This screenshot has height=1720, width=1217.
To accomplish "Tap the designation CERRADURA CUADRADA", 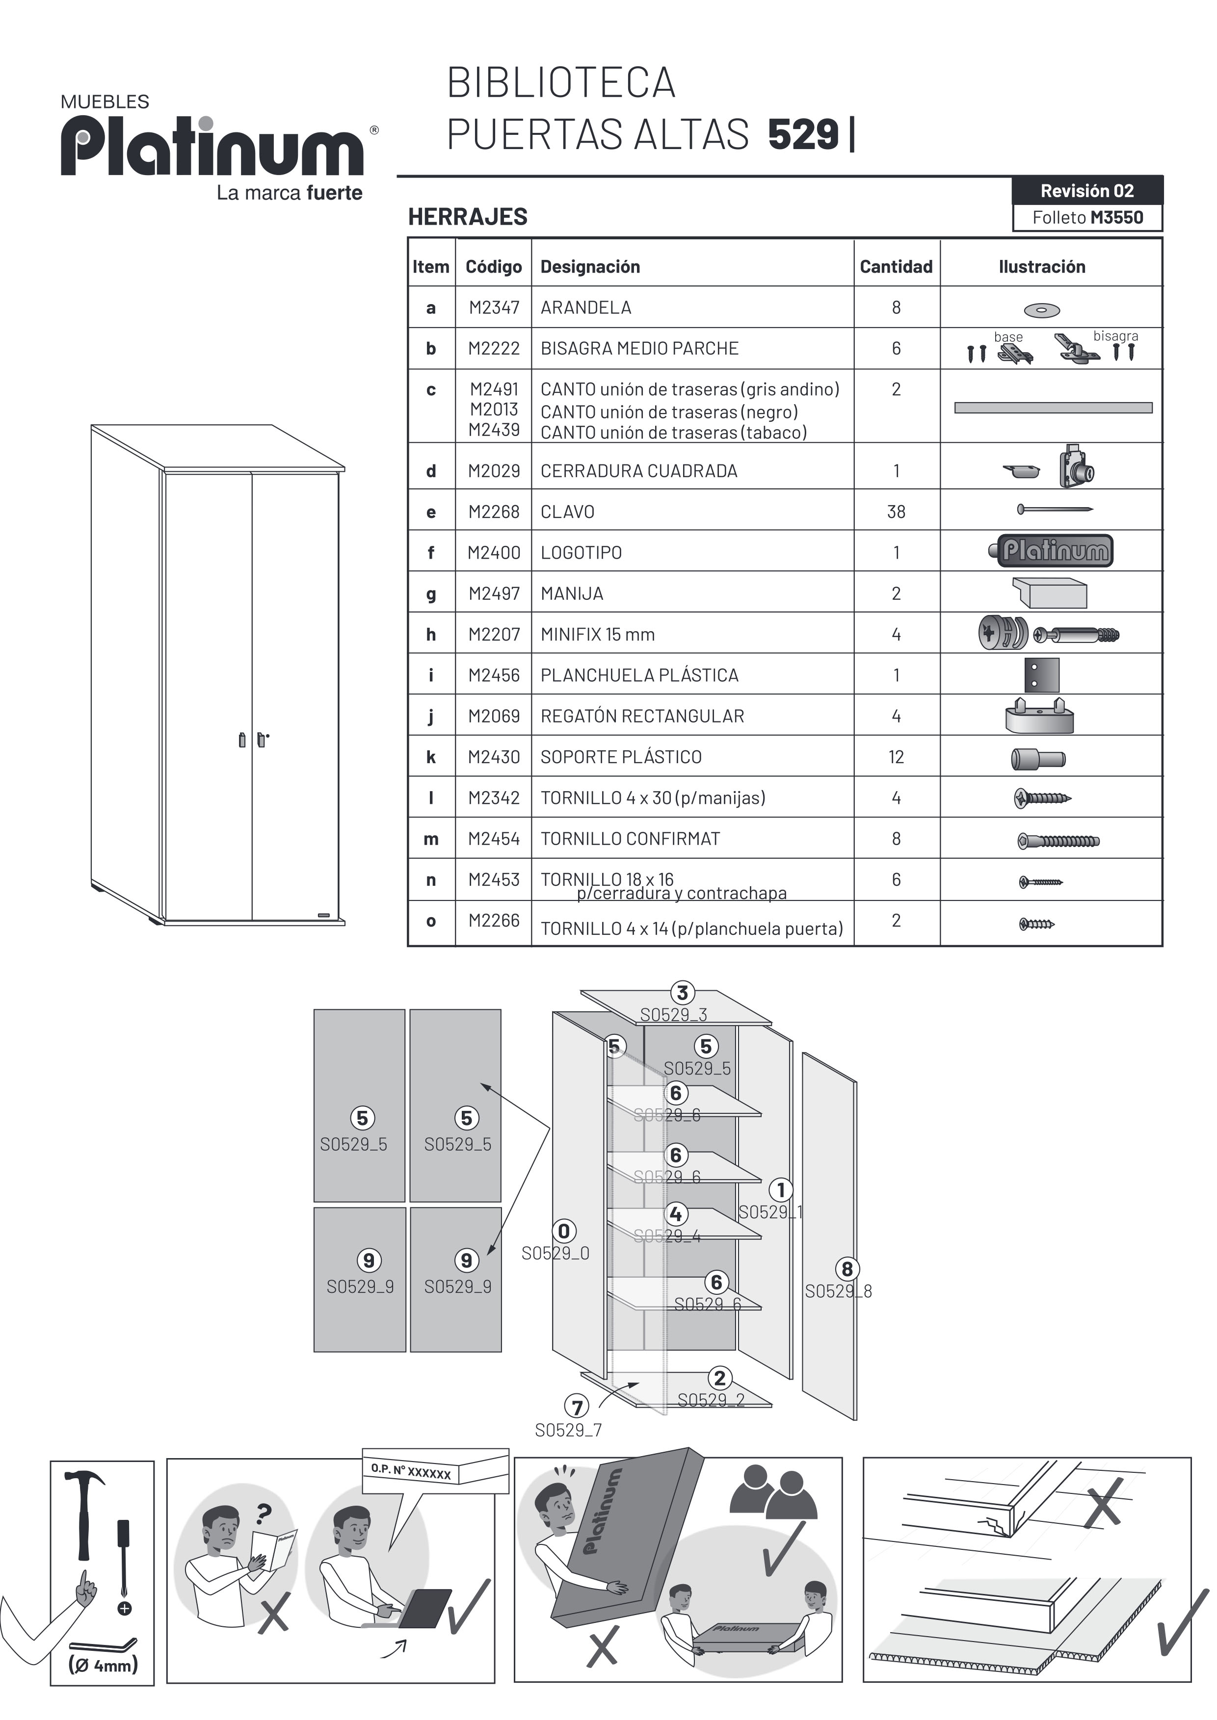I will point(638,471).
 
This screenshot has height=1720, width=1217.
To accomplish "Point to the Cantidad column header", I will point(896,267).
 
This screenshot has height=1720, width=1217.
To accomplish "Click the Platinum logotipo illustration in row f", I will point(1052,551).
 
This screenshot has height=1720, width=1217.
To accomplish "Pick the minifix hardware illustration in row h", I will point(1049,634).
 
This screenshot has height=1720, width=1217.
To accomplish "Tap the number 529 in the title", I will point(803,135).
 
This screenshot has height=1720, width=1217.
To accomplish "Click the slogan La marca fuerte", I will point(289,193).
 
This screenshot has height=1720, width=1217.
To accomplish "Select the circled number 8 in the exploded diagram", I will point(847,1269).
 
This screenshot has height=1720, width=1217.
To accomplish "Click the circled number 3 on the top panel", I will point(682,993).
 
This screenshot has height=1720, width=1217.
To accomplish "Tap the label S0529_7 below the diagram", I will point(568,1430).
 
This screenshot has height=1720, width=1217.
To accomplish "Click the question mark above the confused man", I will point(262,1514).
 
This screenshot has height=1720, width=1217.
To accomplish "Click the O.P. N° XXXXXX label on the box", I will point(411,1471).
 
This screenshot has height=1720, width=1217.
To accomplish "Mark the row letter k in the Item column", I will point(431,757).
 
